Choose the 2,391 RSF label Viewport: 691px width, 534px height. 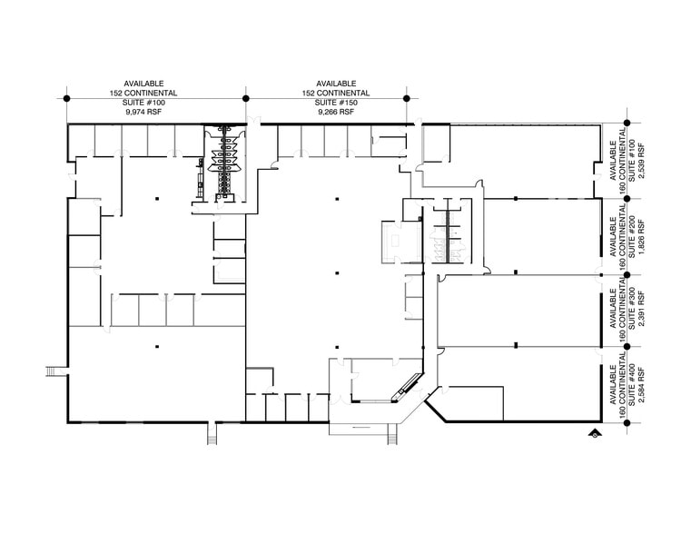[641, 311]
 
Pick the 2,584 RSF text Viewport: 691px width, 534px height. [641, 385]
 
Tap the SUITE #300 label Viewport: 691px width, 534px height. [631, 311]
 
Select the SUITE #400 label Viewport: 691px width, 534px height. [631, 385]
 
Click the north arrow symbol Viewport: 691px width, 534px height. [593, 433]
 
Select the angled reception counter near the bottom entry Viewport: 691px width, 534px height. [400, 391]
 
